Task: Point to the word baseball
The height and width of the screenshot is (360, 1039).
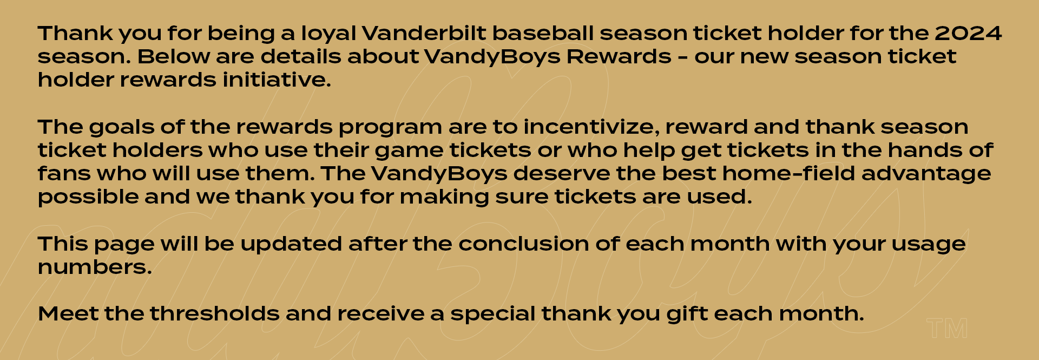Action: click(543, 34)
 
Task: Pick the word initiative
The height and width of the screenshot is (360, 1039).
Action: click(277, 80)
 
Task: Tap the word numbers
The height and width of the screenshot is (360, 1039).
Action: click(95, 267)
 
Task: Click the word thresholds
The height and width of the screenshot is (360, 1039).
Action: click(214, 314)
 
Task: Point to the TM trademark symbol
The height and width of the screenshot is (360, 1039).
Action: click(947, 329)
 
